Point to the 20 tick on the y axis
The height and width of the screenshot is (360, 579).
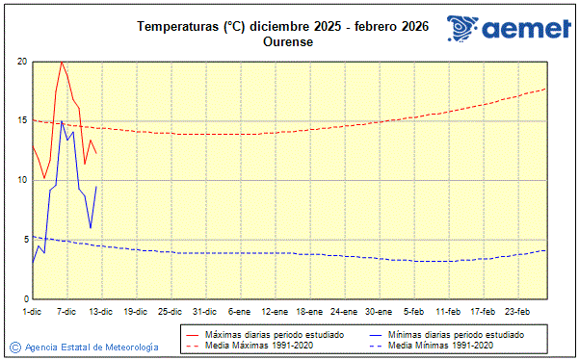22,62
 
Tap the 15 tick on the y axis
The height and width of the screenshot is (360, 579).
22,121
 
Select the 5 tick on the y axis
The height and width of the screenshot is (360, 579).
25,240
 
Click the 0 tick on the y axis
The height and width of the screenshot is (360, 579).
25,298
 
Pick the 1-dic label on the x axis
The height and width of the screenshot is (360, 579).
33,311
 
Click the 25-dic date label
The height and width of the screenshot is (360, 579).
171,311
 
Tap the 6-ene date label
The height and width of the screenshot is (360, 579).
240,311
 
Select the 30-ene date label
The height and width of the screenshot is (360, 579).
379,311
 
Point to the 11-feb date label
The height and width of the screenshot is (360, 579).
448,311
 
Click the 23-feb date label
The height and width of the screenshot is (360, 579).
517,311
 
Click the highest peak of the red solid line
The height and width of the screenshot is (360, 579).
62,62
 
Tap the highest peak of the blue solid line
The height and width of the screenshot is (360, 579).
62,121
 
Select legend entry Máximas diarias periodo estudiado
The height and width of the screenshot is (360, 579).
274,334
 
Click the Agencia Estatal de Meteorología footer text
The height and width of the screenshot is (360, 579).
92,347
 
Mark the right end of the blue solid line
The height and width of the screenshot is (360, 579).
96,186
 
